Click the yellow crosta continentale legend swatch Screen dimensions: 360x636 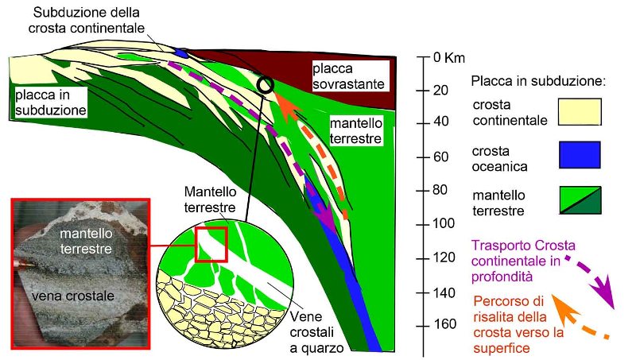579,113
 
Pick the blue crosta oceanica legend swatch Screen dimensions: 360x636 579,154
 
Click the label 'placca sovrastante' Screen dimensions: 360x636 347,76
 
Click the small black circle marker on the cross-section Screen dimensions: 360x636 266,83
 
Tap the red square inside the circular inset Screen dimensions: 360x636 211,244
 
